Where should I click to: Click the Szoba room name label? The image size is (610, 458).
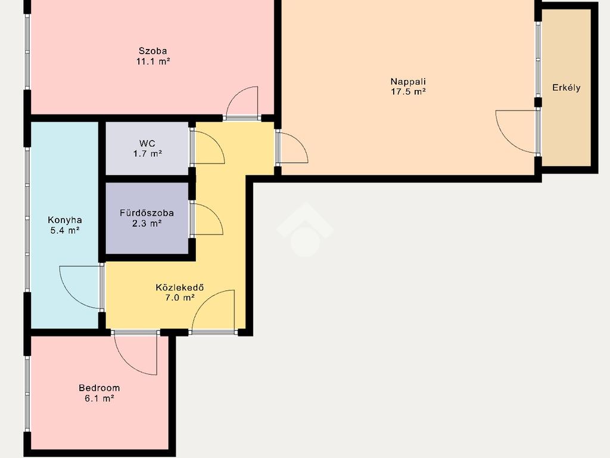pyautogui.click(x=153, y=51)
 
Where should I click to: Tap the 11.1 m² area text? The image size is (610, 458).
pyautogui.click(x=153, y=61)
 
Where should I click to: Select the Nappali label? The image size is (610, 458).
pyautogui.click(x=408, y=82)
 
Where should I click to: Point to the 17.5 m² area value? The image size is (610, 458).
pyautogui.click(x=408, y=92)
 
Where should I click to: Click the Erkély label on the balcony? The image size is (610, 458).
pyautogui.click(x=567, y=88)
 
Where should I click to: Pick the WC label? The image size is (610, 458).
pyautogui.click(x=147, y=143)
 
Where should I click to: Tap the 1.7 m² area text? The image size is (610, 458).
pyautogui.click(x=148, y=153)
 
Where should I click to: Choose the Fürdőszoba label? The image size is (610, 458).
pyautogui.click(x=147, y=213)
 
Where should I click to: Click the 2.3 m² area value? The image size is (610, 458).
pyautogui.click(x=147, y=224)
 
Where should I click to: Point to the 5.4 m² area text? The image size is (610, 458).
pyautogui.click(x=65, y=230)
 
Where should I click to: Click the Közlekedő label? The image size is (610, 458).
pyautogui.click(x=180, y=287)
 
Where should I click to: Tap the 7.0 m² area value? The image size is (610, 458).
pyautogui.click(x=180, y=298)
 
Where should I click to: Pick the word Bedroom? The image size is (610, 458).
pyautogui.click(x=99, y=388)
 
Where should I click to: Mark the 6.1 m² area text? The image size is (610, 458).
pyautogui.click(x=99, y=398)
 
